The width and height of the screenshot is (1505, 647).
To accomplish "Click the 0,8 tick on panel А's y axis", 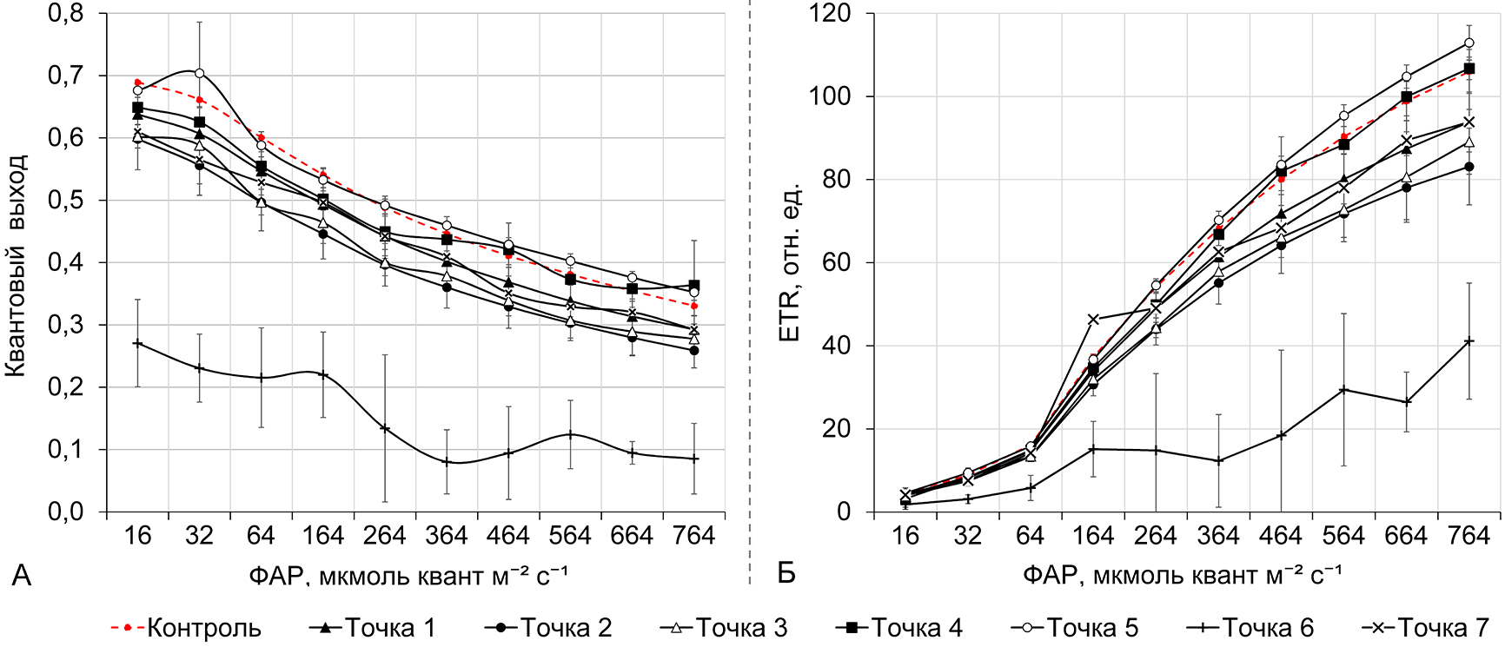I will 66,14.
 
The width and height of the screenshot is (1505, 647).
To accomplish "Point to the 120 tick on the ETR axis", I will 830,14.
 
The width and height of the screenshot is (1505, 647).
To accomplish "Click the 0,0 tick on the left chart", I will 66,512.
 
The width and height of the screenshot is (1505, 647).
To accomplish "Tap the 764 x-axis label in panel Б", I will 1469,536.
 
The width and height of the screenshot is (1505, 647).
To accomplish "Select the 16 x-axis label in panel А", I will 137,536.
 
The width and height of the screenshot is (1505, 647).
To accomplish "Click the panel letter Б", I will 786,574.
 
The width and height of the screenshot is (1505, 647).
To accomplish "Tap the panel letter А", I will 21,576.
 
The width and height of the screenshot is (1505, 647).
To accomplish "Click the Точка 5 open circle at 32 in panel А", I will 199,73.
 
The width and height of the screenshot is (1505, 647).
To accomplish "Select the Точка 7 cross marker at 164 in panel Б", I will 1093,320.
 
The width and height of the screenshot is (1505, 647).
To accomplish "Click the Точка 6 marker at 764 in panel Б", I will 1469,341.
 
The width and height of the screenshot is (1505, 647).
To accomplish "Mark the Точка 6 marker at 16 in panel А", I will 137,344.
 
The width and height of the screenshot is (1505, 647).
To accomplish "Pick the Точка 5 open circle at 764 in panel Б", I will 1469,43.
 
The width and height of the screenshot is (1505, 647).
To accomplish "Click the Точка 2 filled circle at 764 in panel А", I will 693,350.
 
